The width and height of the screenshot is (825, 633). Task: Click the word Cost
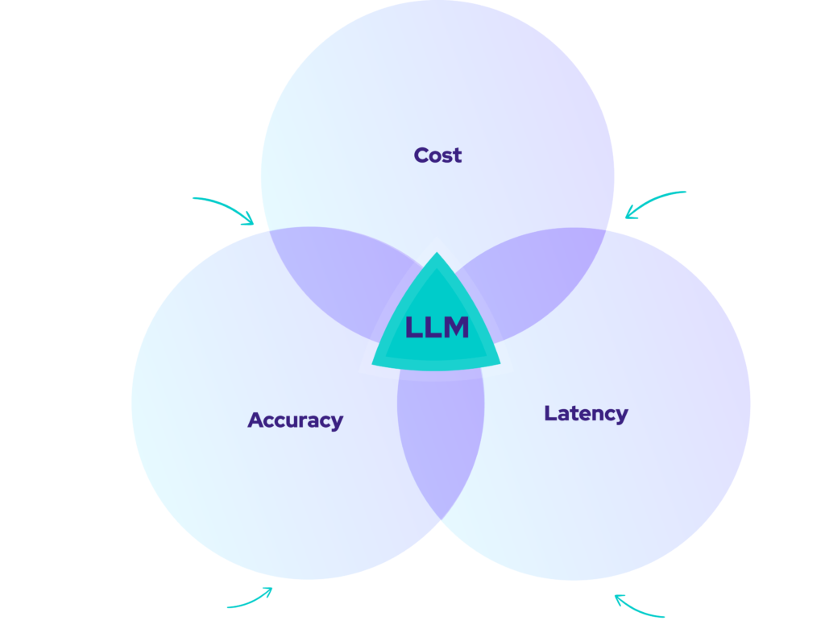point(437,155)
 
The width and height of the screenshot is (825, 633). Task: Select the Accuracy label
point(295,420)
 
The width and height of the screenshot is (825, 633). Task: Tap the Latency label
point(586,414)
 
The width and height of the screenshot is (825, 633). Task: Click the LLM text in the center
point(437,328)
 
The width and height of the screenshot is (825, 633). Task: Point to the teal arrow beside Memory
point(640,607)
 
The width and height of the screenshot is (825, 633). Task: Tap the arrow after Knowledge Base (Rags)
point(251,599)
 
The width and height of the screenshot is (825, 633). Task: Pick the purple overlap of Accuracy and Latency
point(440,451)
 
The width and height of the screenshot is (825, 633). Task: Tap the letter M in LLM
point(457,328)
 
